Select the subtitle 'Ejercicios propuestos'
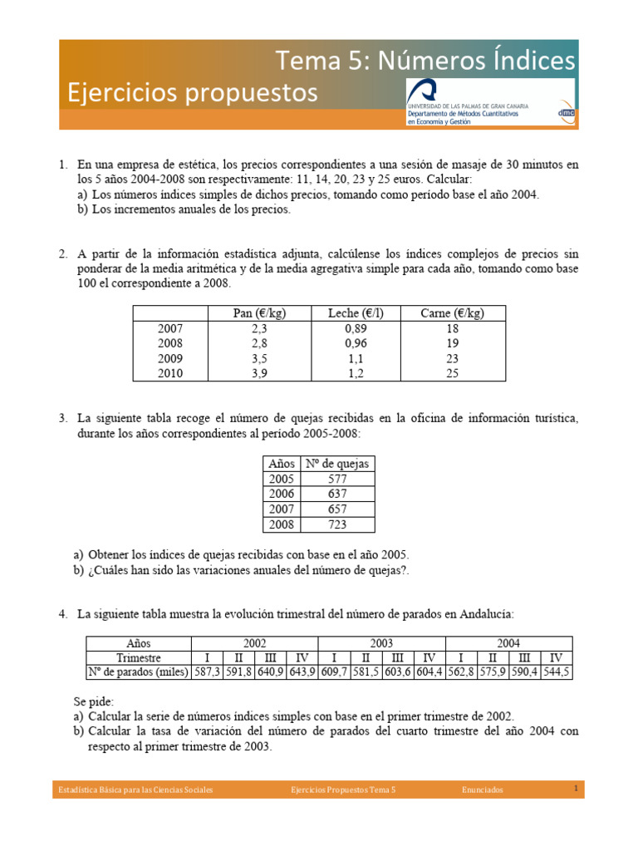(193, 92)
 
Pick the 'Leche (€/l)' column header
(356, 313)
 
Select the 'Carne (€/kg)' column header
(453, 313)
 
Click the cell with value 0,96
(356, 343)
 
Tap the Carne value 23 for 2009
(453, 359)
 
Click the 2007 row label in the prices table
(170, 328)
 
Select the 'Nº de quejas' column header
(337, 464)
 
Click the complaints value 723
(337, 524)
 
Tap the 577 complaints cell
(337, 479)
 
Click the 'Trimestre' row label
(139, 657)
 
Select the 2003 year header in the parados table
(382, 642)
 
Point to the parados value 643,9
(302, 672)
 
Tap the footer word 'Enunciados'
(483, 790)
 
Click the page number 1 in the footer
(575, 789)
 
